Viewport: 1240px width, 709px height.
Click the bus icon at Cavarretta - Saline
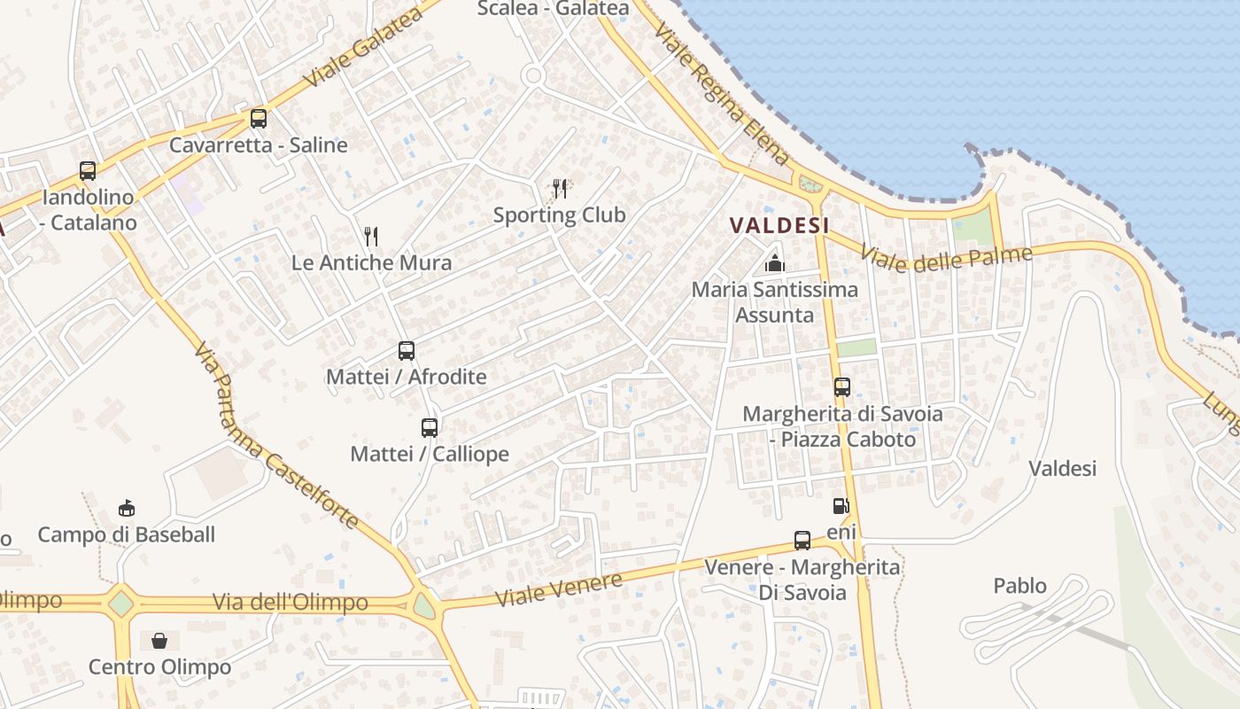[258, 118]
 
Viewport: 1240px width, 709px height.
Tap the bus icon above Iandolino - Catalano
[88, 170]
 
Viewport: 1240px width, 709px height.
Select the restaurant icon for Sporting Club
[560, 188]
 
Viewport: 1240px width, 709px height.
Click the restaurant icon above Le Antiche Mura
[371, 236]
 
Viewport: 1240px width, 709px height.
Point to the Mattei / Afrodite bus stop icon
[407, 350]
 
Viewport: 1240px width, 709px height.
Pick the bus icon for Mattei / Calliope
[430, 427]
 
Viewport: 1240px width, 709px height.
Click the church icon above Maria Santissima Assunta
[775, 263]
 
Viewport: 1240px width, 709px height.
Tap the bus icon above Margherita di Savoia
[842, 386]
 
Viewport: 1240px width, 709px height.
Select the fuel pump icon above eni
[841, 506]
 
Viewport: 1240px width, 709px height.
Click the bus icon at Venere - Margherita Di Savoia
[802, 540]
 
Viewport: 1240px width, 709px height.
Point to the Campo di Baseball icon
[127, 508]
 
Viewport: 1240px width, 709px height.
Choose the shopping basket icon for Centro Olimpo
[159, 640]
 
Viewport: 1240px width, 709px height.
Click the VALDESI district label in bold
[779, 226]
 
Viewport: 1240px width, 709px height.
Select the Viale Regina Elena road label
[721, 94]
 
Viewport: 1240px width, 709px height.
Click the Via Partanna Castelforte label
[275, 435]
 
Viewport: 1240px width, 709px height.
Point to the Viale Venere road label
[558, 590]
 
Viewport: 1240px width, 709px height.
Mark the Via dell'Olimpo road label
[290, 603]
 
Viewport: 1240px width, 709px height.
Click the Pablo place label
[1019, 586]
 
